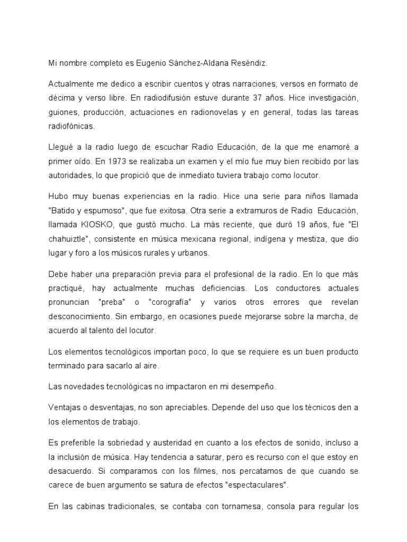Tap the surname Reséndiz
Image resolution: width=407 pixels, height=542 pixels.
point(249,64)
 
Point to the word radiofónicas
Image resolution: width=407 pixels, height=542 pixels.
point(73,126)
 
